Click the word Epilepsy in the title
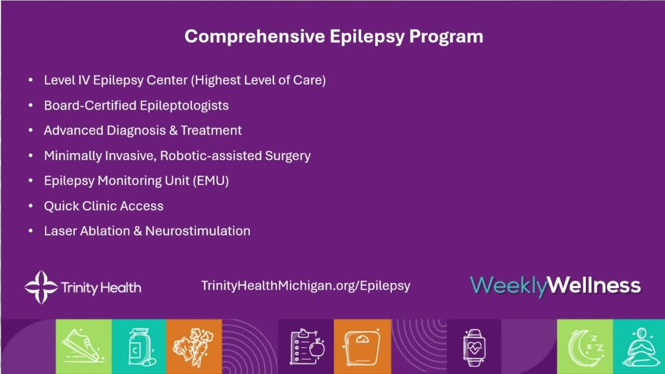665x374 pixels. click(x=367, y=37)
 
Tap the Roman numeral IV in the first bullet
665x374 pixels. click(x=84, y=80)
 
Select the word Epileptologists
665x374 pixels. click(x=184, y=105)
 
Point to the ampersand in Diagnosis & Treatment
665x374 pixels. click(x=173, y=130)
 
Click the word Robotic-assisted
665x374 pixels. click(x=211, y=155)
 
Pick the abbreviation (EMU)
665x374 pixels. click(x=211, y=181)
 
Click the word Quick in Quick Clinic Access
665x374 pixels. click(x=61, y=206)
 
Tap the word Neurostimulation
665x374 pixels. click(x=198, y=231)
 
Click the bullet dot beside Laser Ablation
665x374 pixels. click(x=31, y=231)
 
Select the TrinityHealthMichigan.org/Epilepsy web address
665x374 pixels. click(x=306, y=286)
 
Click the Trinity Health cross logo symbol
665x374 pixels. click(x=41, y=287)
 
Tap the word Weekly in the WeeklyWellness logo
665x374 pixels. click(x=508, y=286)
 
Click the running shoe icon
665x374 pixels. click(x=84, y=346)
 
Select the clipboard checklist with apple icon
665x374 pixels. click(x=307, y=346)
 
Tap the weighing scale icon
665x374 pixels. click(x=362, y=348)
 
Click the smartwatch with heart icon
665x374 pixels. click(x=474, y=348)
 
